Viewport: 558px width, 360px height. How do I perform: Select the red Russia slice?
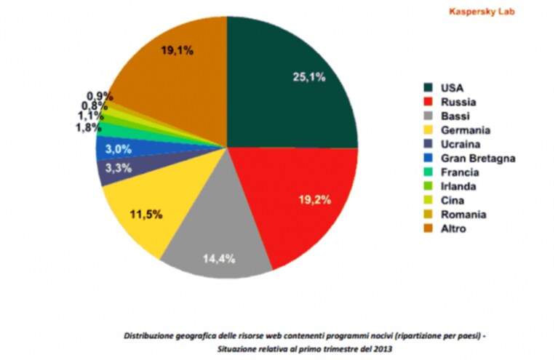pyautogui.click(x=303, y=199)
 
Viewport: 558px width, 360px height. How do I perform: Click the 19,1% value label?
pyautogui.click(x=178, y=50)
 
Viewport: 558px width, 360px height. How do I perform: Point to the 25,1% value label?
pyautogui.click(x=309, y=77)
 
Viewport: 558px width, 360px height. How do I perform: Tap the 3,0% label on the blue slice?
pyautogui.click(x=119, y=149)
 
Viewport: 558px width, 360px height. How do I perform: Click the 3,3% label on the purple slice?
pyautogui.click(x=119, y=168)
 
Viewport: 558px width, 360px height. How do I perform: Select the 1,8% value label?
pyautogui.click(x=88, y=127)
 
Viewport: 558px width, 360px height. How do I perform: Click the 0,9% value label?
pyautogui.click(x=100, y=96)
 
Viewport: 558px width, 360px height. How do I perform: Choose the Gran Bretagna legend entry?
pyautogui.click(x=469, y=159)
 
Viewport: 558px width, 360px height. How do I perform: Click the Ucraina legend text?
pyautogui.click(x=461, y=144)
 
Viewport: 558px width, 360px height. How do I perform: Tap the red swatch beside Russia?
pyautogui.click(x=428, y=102)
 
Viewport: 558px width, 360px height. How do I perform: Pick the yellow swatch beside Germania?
pyautogui.click(x=428, y=130)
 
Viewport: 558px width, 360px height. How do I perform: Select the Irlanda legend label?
pyautogui.click(x=458, y=186)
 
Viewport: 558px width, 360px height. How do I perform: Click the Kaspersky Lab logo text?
pyautogui.click(x=482, y=12)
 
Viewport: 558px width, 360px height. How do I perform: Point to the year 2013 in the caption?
pyautogui.click(x=383, y=349)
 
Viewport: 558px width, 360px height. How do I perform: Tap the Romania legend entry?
pyautogui.click(x=455, y=215)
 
